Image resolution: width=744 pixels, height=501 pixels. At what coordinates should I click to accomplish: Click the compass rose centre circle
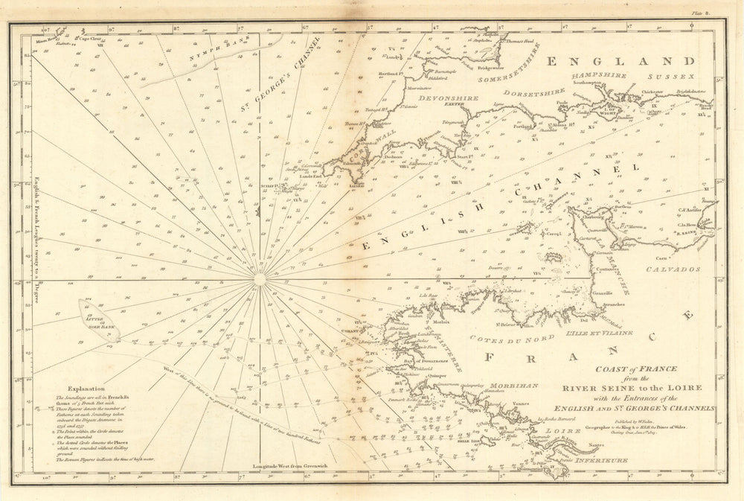(259, 280)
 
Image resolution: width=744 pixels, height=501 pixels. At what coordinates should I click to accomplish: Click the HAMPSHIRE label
(595, 77)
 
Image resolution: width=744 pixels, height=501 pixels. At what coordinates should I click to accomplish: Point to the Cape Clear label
(89, 37)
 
